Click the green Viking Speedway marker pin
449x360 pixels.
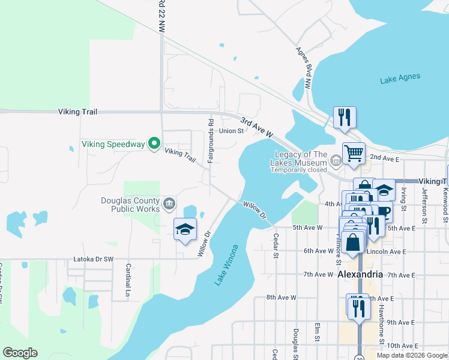click(x=154, y=143)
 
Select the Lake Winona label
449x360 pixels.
click(x=226, y=265)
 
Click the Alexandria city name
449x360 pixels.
click(x=360, y=274)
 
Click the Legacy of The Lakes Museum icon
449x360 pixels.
click(x=336, y=160)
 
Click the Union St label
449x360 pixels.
click(x=231, y=131)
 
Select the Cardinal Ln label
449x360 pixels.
click(x=128, y=281)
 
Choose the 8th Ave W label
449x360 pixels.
click(x=282, y=297)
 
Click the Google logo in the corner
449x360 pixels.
click(x=20, y=353)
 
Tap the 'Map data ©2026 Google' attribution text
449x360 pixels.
click(x=412, y=355)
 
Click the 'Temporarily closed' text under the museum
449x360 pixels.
click(x=298, y=170)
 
